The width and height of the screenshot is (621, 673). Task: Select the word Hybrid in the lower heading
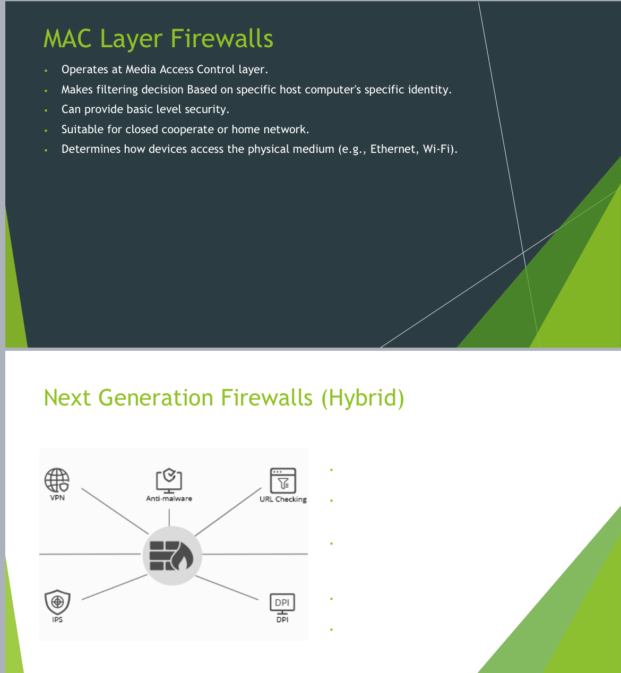[x=363, y=398]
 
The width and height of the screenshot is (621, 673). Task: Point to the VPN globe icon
[x=57, y=480]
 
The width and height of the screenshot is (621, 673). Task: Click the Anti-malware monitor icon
[x=169, y=480]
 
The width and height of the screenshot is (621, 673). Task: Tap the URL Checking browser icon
[x=283, y=480]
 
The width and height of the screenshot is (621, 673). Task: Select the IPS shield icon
[x=57, y=602]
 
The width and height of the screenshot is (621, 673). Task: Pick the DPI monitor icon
[x=282, y=603]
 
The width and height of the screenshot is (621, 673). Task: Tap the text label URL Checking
[x=283, y=499]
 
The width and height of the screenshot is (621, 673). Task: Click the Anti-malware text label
[x=169, y=498]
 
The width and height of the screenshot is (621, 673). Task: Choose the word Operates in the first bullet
[x=84, y=70]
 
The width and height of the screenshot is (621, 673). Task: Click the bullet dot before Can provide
[x=46, y=110]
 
